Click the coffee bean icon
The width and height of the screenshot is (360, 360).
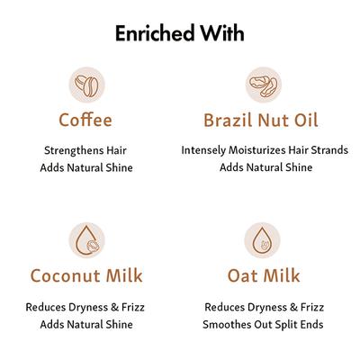(86, 86)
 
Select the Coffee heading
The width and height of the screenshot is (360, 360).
(85, 120)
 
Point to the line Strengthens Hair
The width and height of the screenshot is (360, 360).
(85, 150)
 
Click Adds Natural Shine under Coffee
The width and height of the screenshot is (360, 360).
(85, 167)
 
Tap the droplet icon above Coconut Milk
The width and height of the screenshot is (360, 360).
(86, 241)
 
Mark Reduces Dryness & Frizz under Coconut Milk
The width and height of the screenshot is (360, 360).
(85, 307)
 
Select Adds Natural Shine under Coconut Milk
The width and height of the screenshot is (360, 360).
(85, 324)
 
